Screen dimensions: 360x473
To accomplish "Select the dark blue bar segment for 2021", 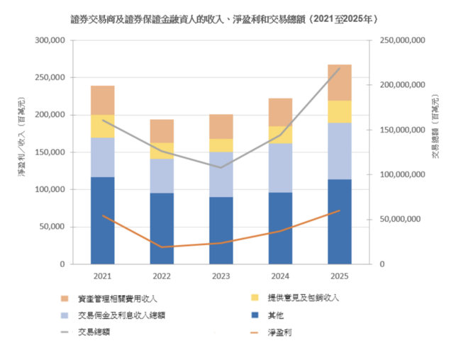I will click(x=103, y=220).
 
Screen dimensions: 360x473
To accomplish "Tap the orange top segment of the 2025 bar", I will click(x=340, y=82).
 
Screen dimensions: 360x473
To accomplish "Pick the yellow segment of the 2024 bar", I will click(x=281, y=135).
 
